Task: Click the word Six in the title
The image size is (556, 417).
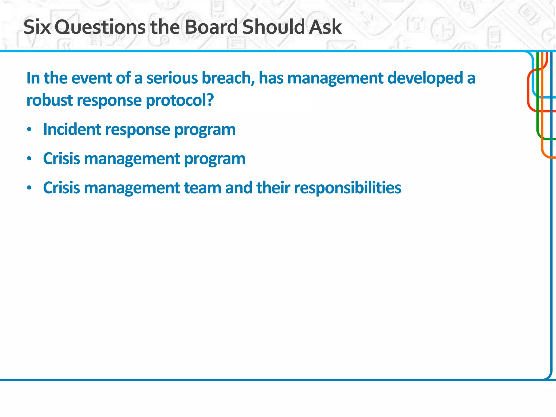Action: pyautogui.click(x=37, y=27)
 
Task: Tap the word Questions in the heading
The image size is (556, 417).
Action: pyautogui.click(x=101, y=27)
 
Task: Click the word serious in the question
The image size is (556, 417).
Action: pyautogui.click(x=172, y=78)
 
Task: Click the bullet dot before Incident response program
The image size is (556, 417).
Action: pyautogui.click(x=29, y=130)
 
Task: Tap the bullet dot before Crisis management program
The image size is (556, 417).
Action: pyautogui.click(x=29, y=159)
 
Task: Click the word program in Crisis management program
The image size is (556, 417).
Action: pyautogui.click(x=214, y=159)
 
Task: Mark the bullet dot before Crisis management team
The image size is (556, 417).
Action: pyautogui.click(x=29, y=188)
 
